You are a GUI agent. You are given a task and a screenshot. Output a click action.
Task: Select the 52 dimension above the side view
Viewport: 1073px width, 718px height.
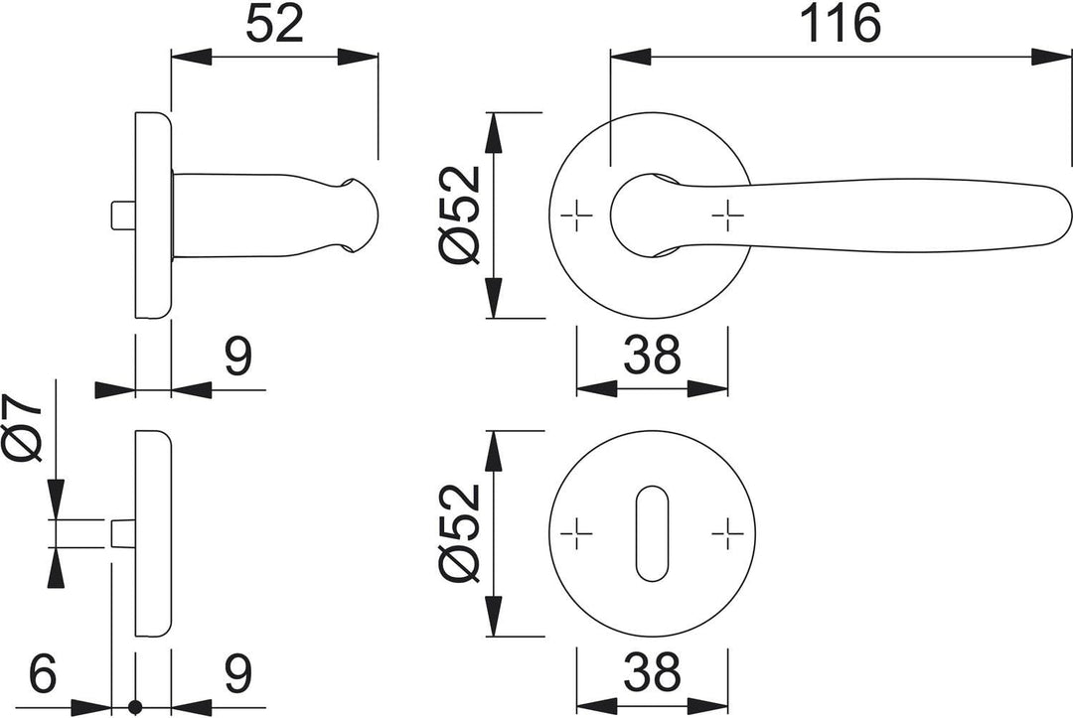click(274, 24)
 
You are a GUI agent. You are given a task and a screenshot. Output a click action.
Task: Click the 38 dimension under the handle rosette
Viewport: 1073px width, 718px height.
click(652, 355)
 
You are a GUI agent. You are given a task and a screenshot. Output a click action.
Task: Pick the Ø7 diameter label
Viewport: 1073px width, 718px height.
click(22, 427)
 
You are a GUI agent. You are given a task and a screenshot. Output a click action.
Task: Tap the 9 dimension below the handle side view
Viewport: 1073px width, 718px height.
click(238, 356)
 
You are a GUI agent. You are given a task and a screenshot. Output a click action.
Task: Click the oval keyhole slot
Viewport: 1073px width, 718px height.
click(652, 534)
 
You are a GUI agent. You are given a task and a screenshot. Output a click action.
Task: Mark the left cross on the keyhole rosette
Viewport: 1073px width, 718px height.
click(576, 533)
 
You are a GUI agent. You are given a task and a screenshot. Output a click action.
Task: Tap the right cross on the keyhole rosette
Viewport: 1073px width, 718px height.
click(727, 533)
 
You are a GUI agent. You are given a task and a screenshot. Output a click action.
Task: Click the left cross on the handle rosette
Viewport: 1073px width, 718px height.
click(576, 216)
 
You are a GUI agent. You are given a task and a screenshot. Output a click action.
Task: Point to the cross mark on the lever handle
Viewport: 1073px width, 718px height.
click(727, 216)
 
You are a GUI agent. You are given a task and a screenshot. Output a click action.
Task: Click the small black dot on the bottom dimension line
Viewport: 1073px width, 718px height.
click(135, 706)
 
